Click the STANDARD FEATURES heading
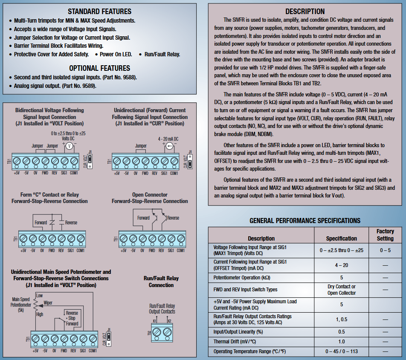(x=99, y=12)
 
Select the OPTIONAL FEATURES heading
(x=99, y=68)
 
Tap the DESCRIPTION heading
(x=305, y=12)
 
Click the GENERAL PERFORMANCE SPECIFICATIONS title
(x=305, y=221)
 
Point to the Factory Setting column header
(x=385, y=235)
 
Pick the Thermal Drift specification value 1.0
(x=341, y=342)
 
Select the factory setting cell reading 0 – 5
(x=385, y=250)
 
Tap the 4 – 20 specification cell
(x=341, y=265)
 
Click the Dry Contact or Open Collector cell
(x=341, y=290)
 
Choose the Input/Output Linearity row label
(x=238, y=331)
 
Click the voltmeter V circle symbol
(x=69, y=145)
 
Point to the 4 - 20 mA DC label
(x=168, y=139)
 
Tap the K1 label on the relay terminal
(x=155, y=321)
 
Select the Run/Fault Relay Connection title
(x=161, y=282)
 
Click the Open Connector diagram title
(x=150, y=195)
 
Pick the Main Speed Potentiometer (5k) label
(x=20, y=305)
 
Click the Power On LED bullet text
(x=115, y=54)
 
